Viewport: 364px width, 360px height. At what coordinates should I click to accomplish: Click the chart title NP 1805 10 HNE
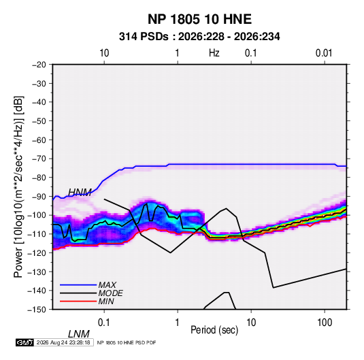[x=199, y=19]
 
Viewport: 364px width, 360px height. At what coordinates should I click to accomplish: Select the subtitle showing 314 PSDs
[x=199, y=37]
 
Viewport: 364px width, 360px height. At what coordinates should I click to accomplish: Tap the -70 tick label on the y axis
[x=39, y=159]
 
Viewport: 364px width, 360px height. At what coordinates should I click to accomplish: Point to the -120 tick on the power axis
[x=37, y=252]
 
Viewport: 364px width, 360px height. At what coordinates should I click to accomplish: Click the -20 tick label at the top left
[x=39, y=65]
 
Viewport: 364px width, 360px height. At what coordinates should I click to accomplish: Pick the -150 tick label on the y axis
[x=37, y=310]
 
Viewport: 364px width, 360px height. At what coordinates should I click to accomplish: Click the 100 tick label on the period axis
[x=325, y=323]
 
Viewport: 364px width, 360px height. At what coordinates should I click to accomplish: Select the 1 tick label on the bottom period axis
[x=178, y=323]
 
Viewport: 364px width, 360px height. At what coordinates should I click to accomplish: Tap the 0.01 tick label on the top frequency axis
[x=324, y=53]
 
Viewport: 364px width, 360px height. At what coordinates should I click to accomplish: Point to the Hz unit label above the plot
[x=214, y=53]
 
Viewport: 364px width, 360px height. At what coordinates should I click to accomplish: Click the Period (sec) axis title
[x=214, y=330]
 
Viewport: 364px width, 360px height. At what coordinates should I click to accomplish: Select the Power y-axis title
[x=18, y=186]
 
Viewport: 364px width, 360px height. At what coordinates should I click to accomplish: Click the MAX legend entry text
[x=107, y=284]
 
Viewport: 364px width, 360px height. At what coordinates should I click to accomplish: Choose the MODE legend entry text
[x=110, y=293]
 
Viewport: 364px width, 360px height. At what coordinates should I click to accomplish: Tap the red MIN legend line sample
[x=78, y=301]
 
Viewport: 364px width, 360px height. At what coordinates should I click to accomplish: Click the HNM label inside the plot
[x=80, y=193]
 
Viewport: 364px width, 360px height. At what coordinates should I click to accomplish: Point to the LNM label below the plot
[x=78, y=334]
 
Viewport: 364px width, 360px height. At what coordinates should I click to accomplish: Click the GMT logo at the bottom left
[x=24, y=342]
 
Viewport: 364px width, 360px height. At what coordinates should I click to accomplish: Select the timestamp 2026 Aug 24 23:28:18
[x=63, y=342]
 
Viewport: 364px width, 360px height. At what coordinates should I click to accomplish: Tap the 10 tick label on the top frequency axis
[x=104, y=53]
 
